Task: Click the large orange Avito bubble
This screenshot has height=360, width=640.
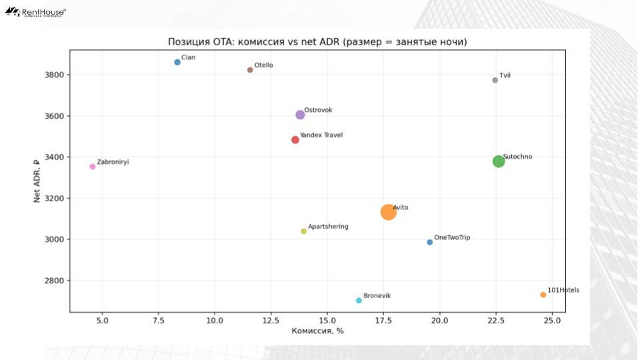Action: pos(389,212)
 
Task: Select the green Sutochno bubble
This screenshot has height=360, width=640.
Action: pos(499,161)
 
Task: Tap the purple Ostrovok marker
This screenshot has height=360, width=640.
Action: pos(300,115)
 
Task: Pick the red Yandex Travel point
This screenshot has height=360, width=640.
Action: pos(295,140)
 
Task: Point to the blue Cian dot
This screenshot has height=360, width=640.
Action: pos(177,62)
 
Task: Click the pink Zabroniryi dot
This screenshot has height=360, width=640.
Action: pos(93,167)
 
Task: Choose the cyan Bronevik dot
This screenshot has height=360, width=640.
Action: pos(359,301)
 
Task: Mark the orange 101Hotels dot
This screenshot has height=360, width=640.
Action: pos(543,295)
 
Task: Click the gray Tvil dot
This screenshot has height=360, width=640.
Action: pos(495,80)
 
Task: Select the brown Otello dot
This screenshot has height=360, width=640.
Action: pos(250,70)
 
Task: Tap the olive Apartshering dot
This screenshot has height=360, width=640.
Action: pos(304,231)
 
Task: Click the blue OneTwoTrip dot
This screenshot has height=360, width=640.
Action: pos(430,242)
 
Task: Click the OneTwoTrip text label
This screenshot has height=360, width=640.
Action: pos(452,237)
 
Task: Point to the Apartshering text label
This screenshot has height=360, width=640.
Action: pos(328,227)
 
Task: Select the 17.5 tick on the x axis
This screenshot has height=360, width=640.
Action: pos(383,321)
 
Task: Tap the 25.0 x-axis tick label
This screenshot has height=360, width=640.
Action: pos(552,321)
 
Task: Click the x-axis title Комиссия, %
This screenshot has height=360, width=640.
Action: pos(317,331)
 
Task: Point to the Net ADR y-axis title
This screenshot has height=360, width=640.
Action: pos(38,181)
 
